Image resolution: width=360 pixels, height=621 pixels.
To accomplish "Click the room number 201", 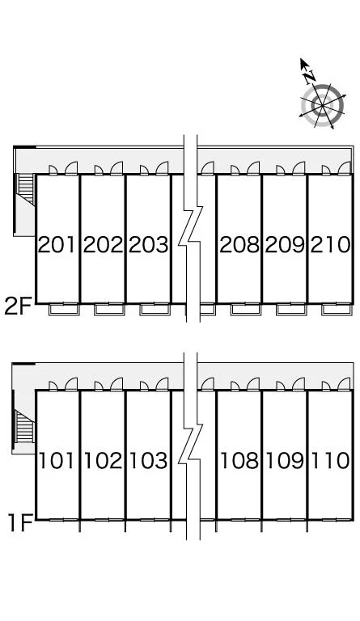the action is point(57,244).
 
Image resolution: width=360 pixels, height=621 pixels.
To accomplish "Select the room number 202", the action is point(104,244).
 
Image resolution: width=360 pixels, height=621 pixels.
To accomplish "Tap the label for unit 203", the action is point(149,244).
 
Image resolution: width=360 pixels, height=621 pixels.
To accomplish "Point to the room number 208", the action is point(239,244).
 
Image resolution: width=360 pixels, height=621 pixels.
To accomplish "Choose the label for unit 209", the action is point(285,244).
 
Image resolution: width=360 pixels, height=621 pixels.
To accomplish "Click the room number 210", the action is point(331,244).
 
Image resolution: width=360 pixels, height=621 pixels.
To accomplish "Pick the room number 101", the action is point(57,461).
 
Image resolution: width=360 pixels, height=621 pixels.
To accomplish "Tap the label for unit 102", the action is point(104,461).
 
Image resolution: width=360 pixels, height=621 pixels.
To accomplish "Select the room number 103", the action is point(149,461).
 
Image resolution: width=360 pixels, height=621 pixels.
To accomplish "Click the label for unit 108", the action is point(239,461).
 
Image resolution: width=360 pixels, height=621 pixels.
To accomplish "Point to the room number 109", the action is point(285,461).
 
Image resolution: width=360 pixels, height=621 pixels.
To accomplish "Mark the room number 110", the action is point(331,461).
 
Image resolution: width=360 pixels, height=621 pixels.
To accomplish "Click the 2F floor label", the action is point(18,306).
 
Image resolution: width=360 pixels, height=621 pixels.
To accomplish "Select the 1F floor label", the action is point(19,523).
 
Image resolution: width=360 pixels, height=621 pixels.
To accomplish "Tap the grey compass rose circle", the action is point(322,106).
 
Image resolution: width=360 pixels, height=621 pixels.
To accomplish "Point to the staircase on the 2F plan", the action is point(26,189).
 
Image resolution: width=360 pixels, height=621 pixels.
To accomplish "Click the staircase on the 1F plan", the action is point(24,427).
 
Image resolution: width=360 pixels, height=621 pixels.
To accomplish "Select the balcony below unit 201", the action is point(64,309).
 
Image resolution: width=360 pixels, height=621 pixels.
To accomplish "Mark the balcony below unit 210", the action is point(337,309).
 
